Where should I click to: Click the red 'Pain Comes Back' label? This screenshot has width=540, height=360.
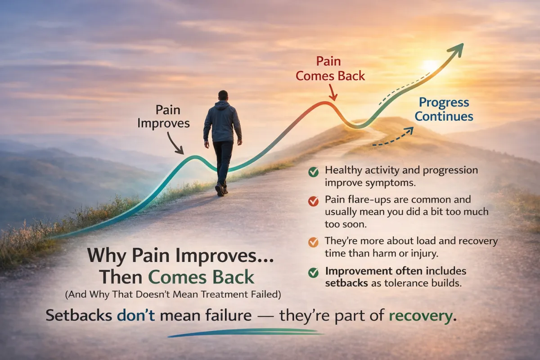(x=330, y=68)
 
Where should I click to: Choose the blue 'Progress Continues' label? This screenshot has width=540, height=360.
(x=444, y=110)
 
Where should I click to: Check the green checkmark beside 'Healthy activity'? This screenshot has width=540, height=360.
(x=313, y=172)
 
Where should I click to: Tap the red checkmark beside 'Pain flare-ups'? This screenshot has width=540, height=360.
(x=313, y=201)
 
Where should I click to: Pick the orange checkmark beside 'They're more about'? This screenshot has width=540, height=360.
(x=313, y=242)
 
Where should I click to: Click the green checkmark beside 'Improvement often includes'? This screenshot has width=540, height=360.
(x=313, y=272)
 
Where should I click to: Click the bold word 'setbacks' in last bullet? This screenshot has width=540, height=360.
(x=343, y=283)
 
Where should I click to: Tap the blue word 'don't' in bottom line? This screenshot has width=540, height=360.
(x=135, y=315)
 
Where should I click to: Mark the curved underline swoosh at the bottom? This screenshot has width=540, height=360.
(x=245, y=333)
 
